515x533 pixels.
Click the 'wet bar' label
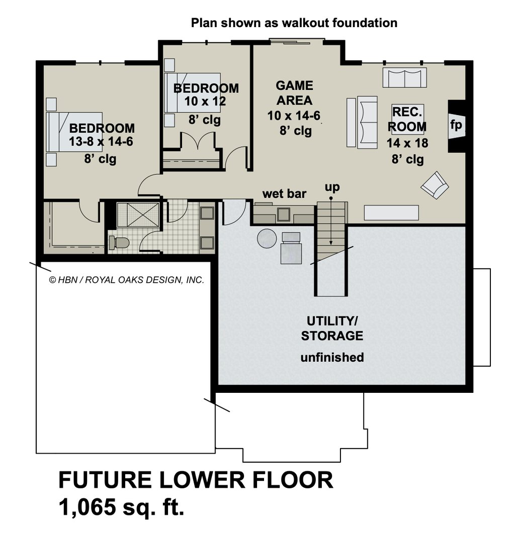click(x=284, y=193)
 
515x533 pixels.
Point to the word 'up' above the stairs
click(x=331, y=187)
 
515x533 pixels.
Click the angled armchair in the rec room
click(x=435, y=185)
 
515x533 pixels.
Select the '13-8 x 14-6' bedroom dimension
click(x=101, y=142)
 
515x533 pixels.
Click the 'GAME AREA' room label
click(x=294, y=92)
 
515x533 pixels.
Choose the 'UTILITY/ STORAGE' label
click(x=331, y=329)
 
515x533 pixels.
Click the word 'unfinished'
click(x=332, y=358)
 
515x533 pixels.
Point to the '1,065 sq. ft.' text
click(x=121, y=507)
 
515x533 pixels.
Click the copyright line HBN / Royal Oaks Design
click(x=126, y=280)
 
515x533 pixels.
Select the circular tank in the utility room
click(x=267, y=238)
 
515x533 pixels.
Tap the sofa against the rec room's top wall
click(x=404, y=78)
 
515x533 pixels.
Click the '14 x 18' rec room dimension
click(x=407, y=143)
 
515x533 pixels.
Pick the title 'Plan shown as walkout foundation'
click(x=294, y=23)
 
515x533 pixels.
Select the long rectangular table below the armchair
click(x=391, y=212)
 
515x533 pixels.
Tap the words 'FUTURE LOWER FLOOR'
click(x=196, y=480)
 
